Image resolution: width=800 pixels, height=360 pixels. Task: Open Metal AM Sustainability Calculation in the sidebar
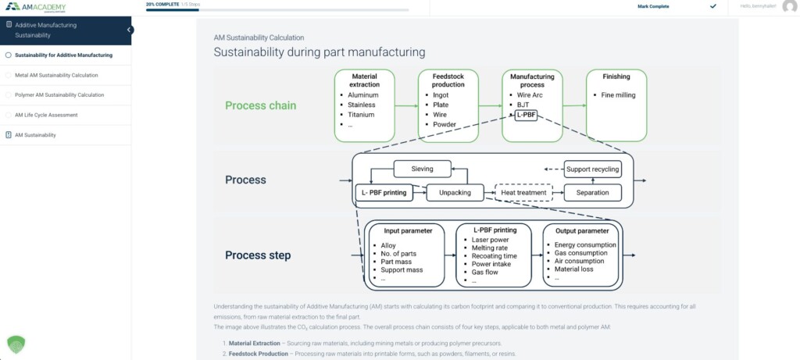click(56, 75)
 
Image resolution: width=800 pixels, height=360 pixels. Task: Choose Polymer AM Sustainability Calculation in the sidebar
click(59, 94)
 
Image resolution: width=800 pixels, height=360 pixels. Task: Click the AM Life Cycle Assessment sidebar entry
click(46, 115)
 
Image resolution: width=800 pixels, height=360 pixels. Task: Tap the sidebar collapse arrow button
click(130, 30)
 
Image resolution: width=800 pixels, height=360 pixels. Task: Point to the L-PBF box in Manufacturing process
click(526, 115)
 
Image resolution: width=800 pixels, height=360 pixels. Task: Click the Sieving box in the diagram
click(423, 168)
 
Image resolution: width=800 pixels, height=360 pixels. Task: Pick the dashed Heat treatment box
click(523, 192)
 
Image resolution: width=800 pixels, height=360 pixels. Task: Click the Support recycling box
click(592, 169)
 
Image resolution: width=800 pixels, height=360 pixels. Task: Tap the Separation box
click(592, 192)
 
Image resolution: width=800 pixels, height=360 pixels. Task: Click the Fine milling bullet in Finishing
click(619, 94)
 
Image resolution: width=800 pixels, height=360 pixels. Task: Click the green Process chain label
click(260, 105)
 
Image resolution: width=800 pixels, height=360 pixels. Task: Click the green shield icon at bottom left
click(16, 344)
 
